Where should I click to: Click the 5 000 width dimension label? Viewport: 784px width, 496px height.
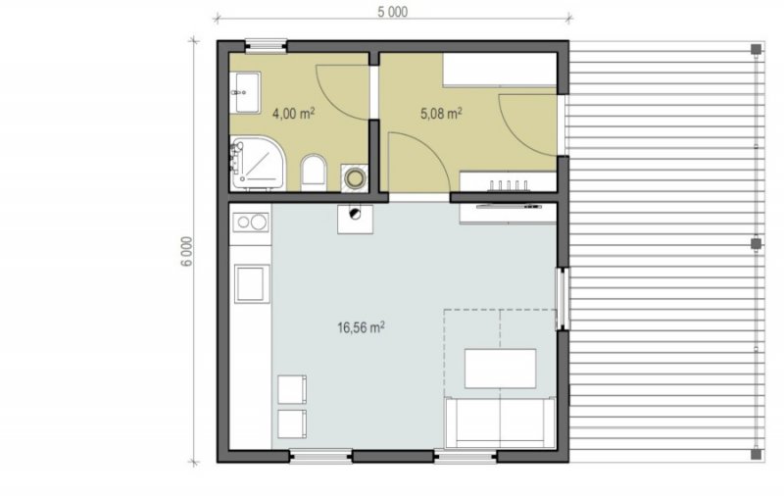(x=393, y=12)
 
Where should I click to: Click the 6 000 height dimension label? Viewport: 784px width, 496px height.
(x=186, y=252)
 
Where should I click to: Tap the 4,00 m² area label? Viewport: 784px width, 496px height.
(x=293, y=114)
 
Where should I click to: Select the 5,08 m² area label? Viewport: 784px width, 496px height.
(x=441, y=114)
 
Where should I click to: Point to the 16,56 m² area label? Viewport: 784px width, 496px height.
(x=361, y=327)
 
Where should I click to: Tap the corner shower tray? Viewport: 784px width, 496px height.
(x=257, y=164)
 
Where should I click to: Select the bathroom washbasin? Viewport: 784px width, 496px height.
(x=245, y=92)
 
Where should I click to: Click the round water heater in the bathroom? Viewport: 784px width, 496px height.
(x=355, y=178)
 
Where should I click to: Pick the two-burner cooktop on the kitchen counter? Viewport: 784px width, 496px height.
(x=251, y=222)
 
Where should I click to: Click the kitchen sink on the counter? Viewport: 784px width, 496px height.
(x=252, y=283)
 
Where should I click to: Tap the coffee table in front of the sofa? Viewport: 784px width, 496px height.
(x=500, y=369)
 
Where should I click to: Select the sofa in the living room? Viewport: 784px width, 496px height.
(x=500, y=422)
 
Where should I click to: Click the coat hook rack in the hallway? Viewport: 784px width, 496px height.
(x=509, y=186)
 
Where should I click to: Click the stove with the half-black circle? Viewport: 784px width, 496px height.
(x=355, y=219)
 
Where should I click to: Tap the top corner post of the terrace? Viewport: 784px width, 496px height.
(x=756, y=49)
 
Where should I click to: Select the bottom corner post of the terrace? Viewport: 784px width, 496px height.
(x=756, y=454)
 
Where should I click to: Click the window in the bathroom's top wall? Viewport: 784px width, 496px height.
(x=266, y=46)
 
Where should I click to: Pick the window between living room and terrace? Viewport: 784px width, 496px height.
(x=563, y=299)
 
